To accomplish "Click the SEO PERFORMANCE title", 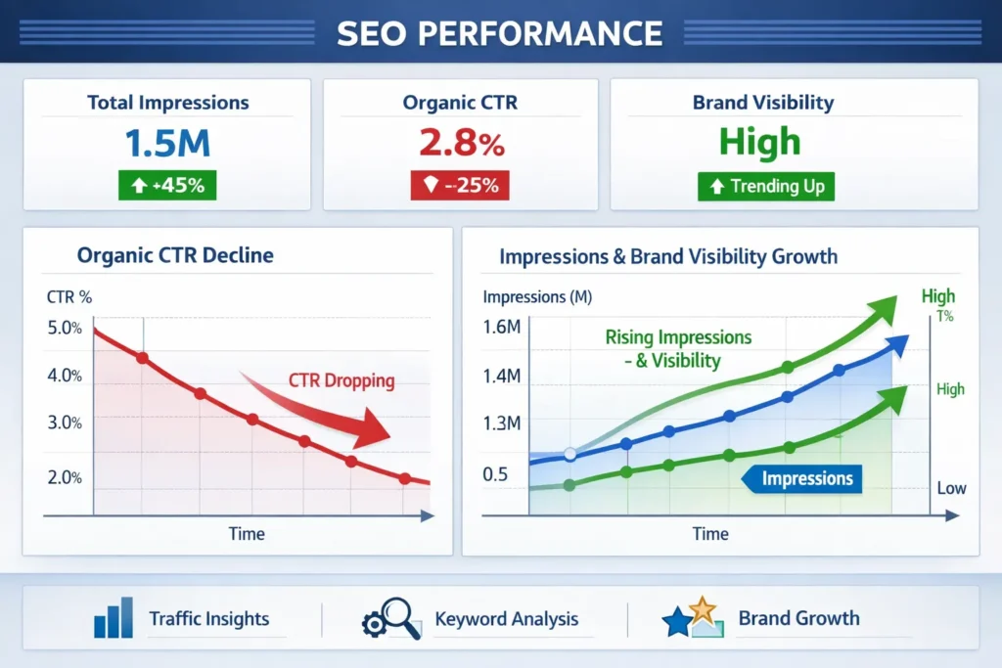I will (x=500, y=32).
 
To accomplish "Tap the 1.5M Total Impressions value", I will (x=167, y=143).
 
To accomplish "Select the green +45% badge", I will (x=167, y=185).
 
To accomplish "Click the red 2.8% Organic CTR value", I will (x=461, y=143).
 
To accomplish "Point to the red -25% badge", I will (x=461, y=185).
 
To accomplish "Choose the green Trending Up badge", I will (x=766, y=186).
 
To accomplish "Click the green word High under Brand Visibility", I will (x=759, y=143).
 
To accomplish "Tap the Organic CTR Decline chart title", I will (x=175, y=256).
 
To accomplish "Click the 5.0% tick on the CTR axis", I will (x=65, y=328).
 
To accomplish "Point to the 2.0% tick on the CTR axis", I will (x=65, y=477).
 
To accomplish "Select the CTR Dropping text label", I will (x=342, y=381).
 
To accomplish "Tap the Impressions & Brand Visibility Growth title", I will (x=668, y=257).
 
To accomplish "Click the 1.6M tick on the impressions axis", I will (x=501, y=327).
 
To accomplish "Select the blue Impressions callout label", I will (x=806, y=478).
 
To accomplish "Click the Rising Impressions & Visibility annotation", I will (x=678, y=349).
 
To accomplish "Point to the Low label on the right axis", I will (x=951, y=488).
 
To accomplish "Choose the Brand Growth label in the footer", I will (x=798, y=618).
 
